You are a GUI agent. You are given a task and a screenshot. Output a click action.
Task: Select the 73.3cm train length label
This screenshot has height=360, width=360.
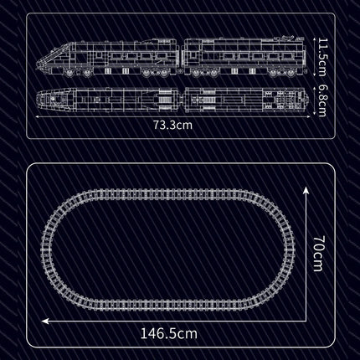(x=172, y=125)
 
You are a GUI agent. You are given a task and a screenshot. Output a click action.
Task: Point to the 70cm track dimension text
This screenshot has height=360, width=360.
(x=318, y=254)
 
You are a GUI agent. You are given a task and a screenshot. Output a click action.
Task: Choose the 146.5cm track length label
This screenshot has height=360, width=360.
(x=169, y=333)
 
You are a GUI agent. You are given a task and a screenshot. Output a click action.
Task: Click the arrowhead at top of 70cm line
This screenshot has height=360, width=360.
(x=306, y=191)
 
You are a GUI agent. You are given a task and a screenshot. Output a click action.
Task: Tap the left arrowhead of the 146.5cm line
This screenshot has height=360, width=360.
(x=45, y=321)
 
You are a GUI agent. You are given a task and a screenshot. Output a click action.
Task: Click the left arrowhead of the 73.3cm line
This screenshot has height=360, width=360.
(x=38, y=117)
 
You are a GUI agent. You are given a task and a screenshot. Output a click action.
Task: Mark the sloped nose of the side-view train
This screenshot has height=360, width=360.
(x=52, y=57)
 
